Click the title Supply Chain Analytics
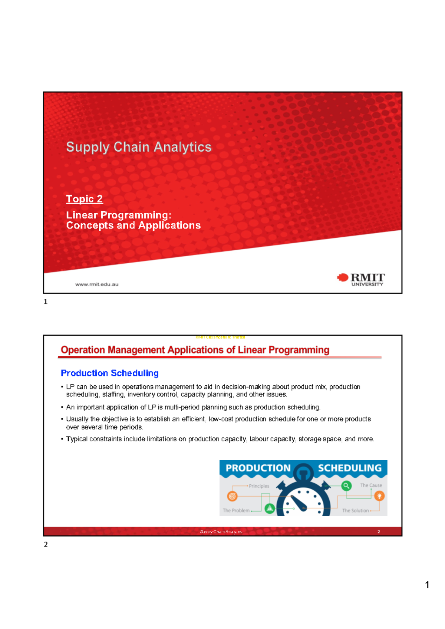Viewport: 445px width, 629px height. pyautogui.click(x=139, y=147)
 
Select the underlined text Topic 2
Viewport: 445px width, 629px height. pyautogui.click(x=84, y=199)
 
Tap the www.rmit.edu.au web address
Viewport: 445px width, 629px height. pyautogui.click(x=97, y=284)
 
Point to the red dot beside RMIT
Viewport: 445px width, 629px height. pyautogui.click(x=343, y=277)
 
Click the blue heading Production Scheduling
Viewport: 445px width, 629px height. pyautogui.click(x=110, y=373)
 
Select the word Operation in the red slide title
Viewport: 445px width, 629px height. pyautogui.click(x=83, y=350)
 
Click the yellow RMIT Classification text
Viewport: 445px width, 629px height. pyautogui.click(x=220, y=337)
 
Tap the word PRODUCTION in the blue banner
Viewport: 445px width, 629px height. pyautogui.click(x=258, y=468)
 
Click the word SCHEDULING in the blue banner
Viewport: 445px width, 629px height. pyautogui.click(x=350, y=468)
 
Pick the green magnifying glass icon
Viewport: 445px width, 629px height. pyautogui.click(x=346, y=485)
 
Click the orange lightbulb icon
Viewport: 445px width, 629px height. pyautogui.click(x=379, y=495)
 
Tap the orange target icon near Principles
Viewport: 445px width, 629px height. pyautogui.click(x=232, y=496)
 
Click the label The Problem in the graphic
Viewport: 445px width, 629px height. pyautogui.click(x=236, y=511)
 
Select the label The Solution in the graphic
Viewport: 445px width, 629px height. pyautogui.click(x=355, y=511)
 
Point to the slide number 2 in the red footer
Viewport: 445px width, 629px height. pyautogui.click(x=379, y=532)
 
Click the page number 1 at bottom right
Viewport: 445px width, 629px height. pyautogui.click(x=427, y=585)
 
